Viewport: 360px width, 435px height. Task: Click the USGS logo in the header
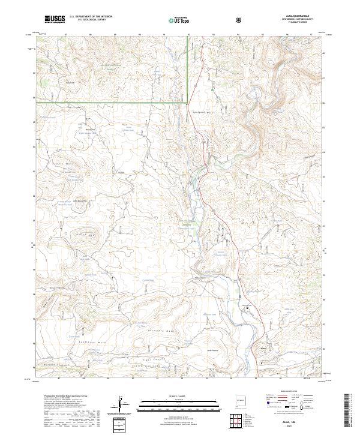(55, 20)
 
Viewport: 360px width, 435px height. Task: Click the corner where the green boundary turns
(189, 103)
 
